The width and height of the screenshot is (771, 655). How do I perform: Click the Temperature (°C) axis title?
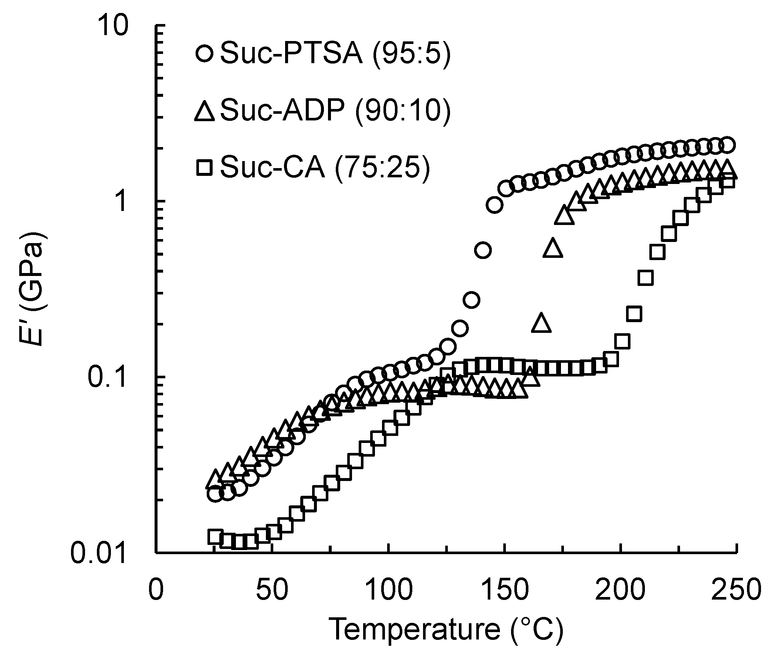pyautogui.click(x=446, y=630)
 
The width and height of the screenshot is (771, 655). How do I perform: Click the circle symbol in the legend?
pyautogui.click(x=205, y=54)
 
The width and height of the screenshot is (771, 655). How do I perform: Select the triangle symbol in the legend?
pyautogui.click(x=205, y=110)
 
